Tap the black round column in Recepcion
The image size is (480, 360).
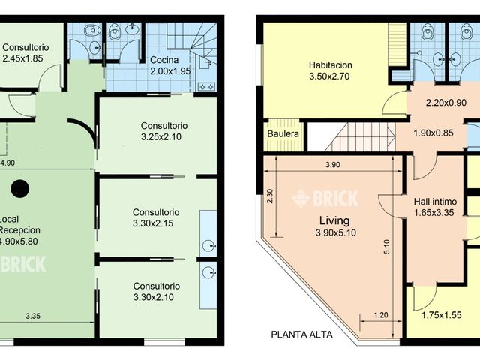pos(20,189)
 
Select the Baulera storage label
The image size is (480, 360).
pos(283,133)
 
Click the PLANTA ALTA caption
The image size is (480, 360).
pos(301,334)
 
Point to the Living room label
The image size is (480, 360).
pos(334,220)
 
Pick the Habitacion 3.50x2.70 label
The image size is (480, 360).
pos(330,70)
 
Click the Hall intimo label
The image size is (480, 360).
pos(435,202)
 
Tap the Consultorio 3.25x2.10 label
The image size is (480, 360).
pos(164,131)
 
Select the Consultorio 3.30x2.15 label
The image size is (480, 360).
pos(156,217)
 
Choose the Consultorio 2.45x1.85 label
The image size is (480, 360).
pos(25,53)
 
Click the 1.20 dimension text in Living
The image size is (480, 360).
pos(381,315)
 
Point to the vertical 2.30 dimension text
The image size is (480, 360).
pos(270,196)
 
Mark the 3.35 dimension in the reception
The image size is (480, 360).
pos(33,316)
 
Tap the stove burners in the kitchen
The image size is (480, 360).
pos(207,87)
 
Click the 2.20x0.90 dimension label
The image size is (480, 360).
pos(446,103)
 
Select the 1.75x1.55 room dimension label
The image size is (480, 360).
pos(442,315)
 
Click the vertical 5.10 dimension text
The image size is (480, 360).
pos(387,247)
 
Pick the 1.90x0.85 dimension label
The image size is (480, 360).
pos(433,133)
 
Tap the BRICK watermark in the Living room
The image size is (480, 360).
pos(325,199)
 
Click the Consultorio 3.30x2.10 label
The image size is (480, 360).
pos(156,292)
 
